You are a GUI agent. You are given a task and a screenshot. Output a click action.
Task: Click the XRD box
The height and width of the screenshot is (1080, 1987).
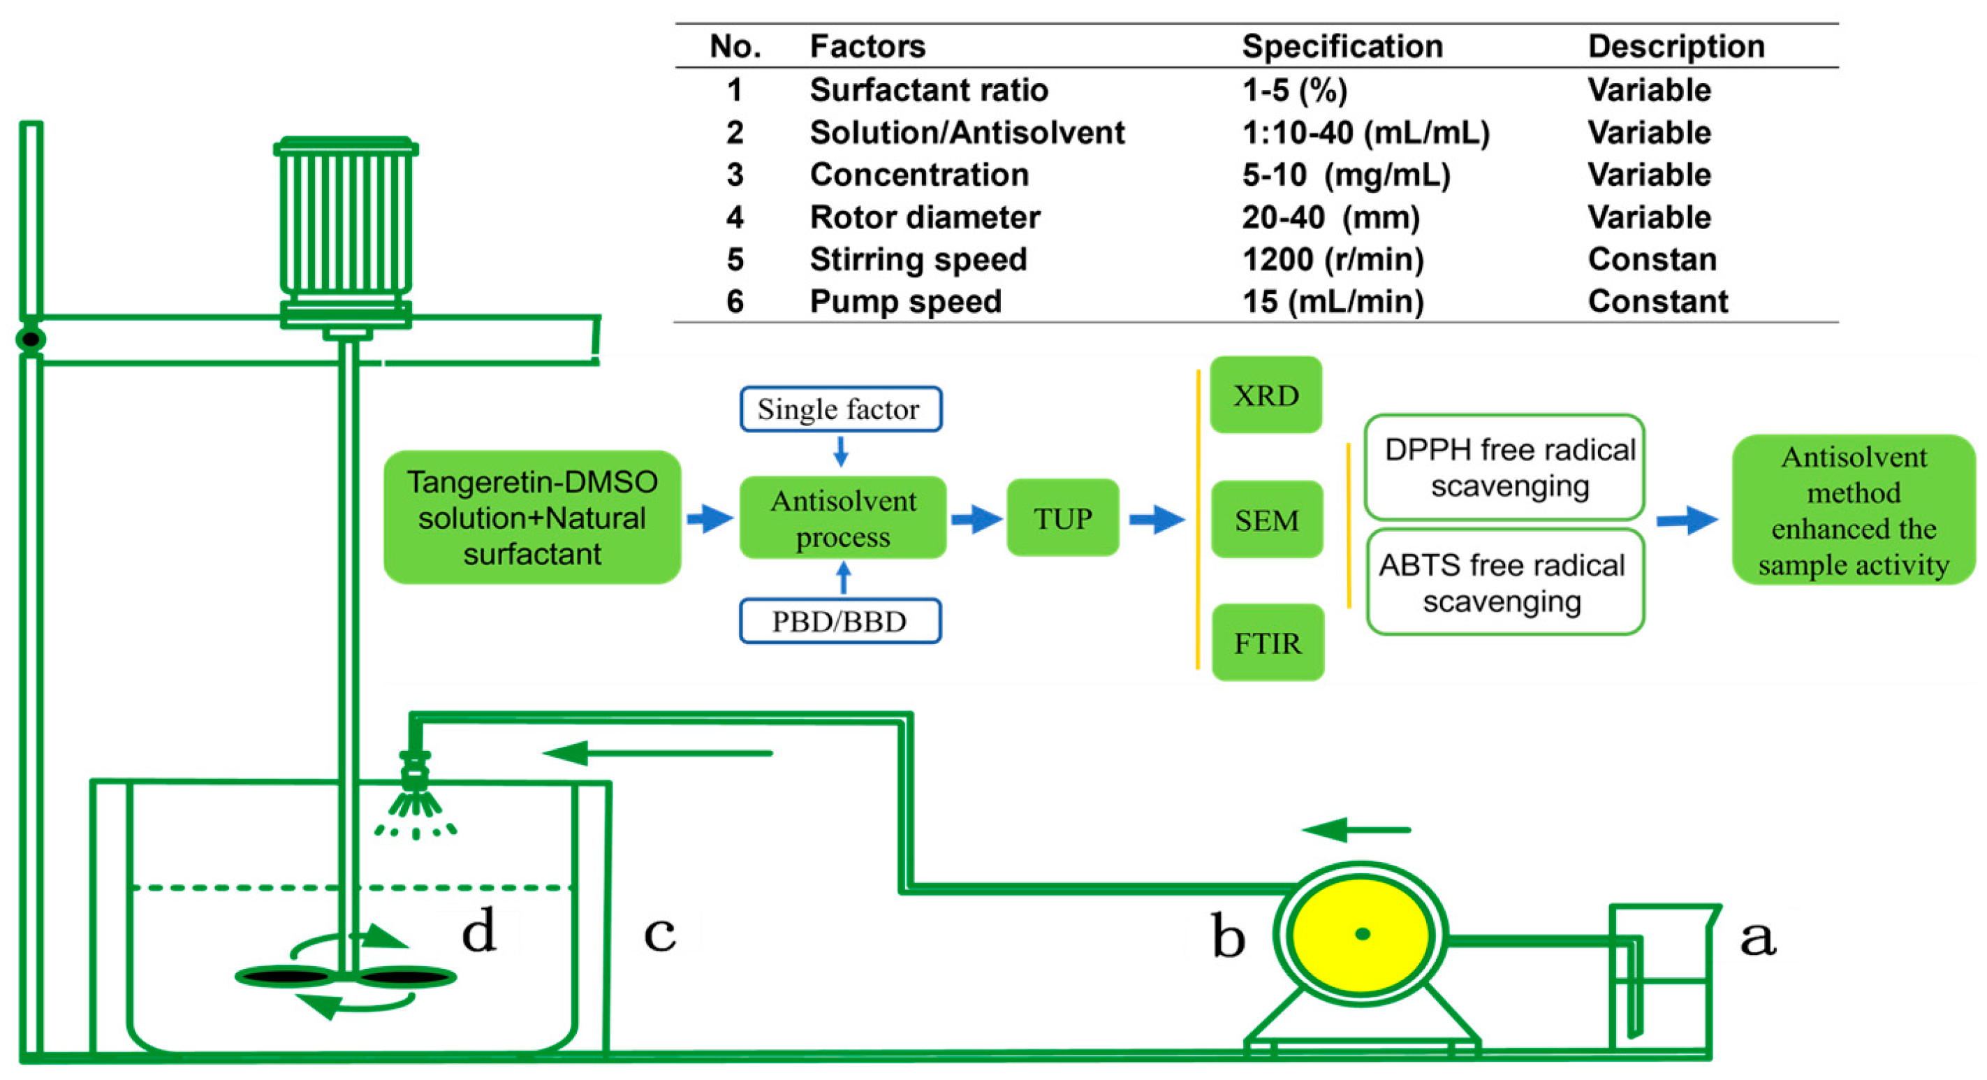coord(1266,395)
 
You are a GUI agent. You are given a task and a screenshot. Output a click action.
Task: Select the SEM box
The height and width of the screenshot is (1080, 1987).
coord(1266,519)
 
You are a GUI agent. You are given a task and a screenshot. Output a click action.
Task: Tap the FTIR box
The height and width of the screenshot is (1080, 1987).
coord(1268,642)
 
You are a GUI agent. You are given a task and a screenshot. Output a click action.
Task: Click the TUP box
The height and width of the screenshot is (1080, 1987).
coord(1062,518)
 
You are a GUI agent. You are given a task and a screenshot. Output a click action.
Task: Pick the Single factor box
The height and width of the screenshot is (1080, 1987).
coord(840,409)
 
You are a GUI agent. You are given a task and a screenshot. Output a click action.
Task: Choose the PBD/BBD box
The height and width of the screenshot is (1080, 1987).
coord(840,621)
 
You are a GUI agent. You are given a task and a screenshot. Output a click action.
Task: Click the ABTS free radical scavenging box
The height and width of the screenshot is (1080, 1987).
coord(1504,582)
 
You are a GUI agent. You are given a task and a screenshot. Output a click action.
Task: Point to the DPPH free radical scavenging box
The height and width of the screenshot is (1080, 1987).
coord(1504,467)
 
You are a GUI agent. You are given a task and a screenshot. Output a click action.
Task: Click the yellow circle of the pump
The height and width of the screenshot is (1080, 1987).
coord(1361,934)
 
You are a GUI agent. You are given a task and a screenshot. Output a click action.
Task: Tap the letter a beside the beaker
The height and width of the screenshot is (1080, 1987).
coord(1758,937)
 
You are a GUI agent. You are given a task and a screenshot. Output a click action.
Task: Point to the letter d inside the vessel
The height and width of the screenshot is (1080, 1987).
coord(478,931)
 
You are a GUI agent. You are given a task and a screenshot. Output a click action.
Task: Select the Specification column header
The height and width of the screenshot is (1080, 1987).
coord(1342,46)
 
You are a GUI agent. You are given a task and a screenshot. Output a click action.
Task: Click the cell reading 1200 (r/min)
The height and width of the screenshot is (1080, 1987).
coord(1332,259)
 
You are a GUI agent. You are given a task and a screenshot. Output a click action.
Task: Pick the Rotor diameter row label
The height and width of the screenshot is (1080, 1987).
coord(924,217)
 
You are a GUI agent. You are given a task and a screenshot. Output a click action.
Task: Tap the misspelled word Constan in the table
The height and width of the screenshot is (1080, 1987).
coord(1652,259)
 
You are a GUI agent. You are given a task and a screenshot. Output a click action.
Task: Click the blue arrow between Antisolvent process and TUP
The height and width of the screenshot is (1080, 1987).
coord(976,518)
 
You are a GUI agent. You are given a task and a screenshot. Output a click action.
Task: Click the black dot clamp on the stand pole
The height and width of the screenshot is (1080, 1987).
coord(31,339)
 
